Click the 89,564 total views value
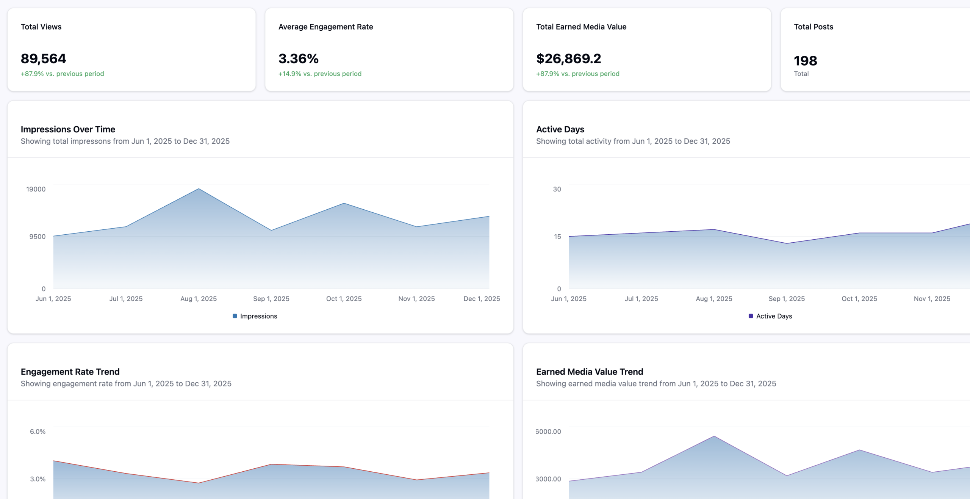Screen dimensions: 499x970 click(x=43, y=59)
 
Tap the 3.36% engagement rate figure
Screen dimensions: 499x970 click(x=298, y=59)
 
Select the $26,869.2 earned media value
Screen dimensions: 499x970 click(x=568, y=59)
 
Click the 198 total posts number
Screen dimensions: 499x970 click(x=805, y=61)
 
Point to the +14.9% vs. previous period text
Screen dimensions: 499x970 click(x=320, y=74)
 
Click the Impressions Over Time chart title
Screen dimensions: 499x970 click(x=68, y=129)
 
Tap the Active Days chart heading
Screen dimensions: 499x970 click(x=560, y=129)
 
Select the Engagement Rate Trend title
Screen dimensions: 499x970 click(x=70, y=372)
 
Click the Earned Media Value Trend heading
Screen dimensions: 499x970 click(x=590, y=372)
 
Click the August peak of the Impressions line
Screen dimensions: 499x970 click(x=199, y=189)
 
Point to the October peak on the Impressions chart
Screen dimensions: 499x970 click(x=344, y=203)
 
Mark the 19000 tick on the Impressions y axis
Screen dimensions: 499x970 click(x=36, y=189)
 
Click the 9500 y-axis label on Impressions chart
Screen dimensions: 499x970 click(x=38, y=237)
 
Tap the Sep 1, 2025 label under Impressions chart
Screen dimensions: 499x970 click(x=271, y=299)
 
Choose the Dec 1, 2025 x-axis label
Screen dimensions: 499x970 click(x=482, y=299)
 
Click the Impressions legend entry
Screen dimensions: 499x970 click(x=255, y=316)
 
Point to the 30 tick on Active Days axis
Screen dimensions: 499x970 click(x=557, y=189)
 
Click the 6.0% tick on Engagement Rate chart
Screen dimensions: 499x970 click(x=38, y=432)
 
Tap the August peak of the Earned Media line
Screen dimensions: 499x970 click(x=714, y=436)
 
